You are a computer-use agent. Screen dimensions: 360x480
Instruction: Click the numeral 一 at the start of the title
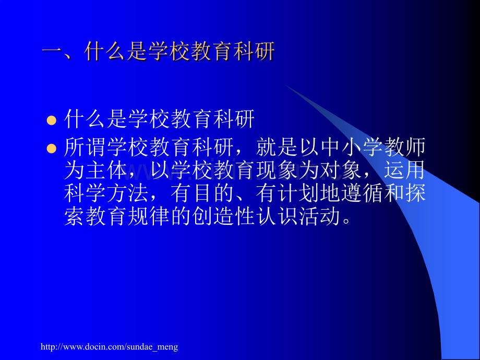click(52, 53)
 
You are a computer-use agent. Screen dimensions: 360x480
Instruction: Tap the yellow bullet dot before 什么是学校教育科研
click(51, 121)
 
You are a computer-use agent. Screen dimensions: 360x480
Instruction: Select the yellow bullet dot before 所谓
click(51, 149)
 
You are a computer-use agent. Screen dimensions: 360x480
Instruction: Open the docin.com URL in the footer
click(110, 346)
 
